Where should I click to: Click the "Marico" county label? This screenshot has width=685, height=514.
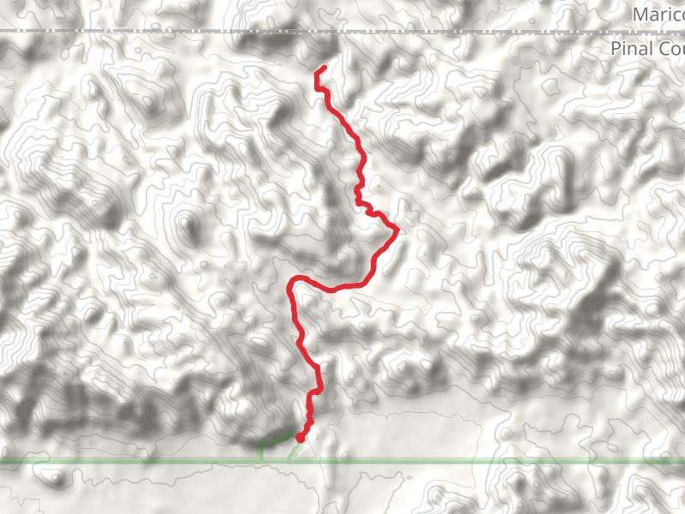tap(658, 15)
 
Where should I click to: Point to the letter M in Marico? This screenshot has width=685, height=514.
tap(640, 15)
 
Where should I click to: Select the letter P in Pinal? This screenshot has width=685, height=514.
tap(616, 49)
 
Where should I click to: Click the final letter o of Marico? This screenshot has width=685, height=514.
tap(679, 15)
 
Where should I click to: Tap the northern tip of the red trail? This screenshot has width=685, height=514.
tap(324, 68)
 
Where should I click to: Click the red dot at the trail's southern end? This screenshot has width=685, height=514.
tap(300, 438)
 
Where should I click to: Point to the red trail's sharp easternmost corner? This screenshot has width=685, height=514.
tap(397, 229)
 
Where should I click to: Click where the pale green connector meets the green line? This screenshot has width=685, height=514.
tap(289, 460)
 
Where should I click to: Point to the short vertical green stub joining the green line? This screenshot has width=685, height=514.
tap(260, 452)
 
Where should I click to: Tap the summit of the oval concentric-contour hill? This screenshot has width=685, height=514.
tap(187, 226)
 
